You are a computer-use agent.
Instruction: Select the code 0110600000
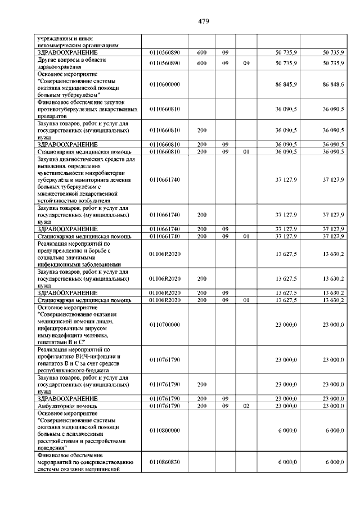164,84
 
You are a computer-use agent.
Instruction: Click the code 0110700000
164,325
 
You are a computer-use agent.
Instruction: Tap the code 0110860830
164,462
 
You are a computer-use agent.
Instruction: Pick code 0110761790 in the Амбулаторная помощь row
164,405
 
